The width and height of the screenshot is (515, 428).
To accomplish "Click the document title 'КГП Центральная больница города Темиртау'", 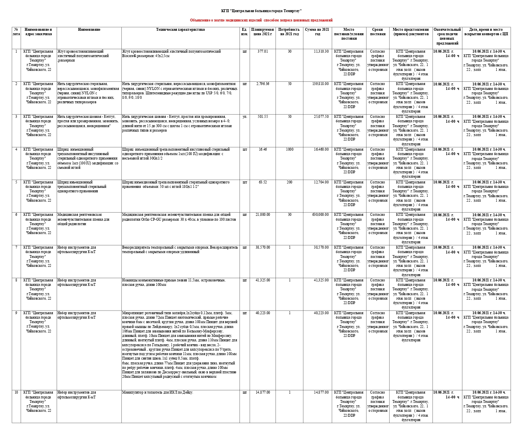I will click(x=261, y=11).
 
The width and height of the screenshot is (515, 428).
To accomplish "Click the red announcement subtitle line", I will click(x=261, y=20).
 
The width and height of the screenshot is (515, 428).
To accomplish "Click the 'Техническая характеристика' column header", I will click(x=180, y=30).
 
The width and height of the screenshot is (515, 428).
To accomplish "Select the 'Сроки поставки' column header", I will click(x=377, y=32).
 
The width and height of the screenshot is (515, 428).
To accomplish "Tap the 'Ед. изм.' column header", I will click(x=244, y=32).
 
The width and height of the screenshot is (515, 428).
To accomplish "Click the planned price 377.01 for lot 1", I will click(x=263, y=51).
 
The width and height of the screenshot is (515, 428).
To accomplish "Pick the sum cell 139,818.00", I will click(x=320, y=84).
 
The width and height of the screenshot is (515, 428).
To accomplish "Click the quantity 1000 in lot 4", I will click(x=289, y=149).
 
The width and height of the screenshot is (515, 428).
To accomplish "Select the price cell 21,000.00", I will click(x=263, y=215).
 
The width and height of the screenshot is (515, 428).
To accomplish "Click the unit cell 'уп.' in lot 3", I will click(x=244, y=117).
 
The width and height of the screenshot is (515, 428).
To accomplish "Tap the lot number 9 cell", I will click(x=16, y=313).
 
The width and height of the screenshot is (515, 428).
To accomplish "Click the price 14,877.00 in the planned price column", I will click(x=263, y=392).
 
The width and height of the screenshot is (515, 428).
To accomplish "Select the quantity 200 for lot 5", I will click(x=289, y=182).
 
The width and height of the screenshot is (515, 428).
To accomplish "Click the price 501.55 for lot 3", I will click(x=263, y=117).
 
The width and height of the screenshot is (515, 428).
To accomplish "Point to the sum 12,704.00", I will click(x=321, y=182).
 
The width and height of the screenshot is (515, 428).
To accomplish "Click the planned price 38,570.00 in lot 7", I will click(x=263, y=247).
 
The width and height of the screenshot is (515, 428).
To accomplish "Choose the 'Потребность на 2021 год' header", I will click(x=289, y=32).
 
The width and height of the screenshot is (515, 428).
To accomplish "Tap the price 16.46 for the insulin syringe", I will click(x=263, y=149).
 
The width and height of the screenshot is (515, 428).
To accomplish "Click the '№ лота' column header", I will click(x=16, y=32).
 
